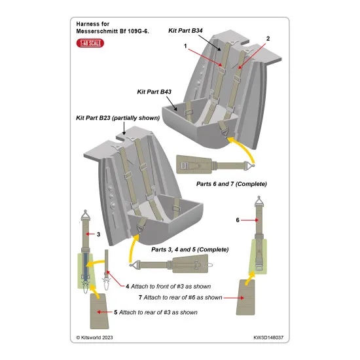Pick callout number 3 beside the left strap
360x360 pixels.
pyautogui.click(x=98, y=234)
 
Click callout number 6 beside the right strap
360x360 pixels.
pyautogui.click(x=238, y=221)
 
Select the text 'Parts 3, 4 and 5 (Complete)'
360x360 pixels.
pyautogui.click(x=190, y=249)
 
